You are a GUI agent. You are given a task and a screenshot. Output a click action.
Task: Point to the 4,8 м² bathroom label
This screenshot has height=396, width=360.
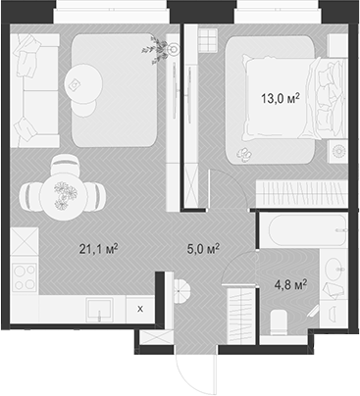pos(291,285)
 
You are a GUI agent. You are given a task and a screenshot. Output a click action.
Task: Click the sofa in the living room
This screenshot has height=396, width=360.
pos(34,88)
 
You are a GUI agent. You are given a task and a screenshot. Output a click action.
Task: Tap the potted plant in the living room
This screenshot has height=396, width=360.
pos(154,47)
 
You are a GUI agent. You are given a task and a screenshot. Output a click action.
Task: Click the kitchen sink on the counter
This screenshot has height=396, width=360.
pos(99,309)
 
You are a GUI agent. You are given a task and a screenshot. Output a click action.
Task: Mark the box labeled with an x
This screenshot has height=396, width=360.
pos(139,308)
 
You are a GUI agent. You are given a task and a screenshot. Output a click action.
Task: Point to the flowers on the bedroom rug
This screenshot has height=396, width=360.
pos(242,155)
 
